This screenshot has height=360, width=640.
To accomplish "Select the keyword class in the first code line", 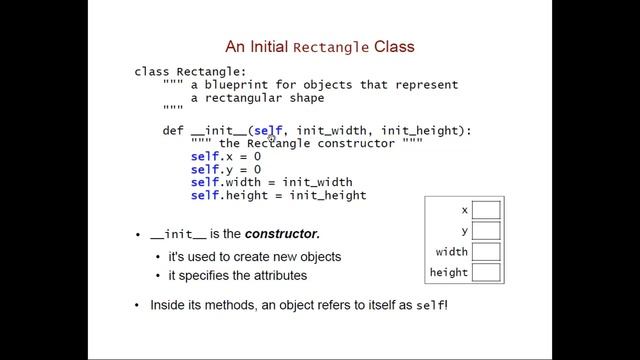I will pos(152,72).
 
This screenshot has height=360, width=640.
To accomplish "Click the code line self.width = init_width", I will pos(271,182).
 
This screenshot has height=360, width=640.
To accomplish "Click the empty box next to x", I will pos(486,210).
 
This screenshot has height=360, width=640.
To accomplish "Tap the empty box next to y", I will pos(486,231).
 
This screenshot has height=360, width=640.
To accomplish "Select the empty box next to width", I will pos(486,252).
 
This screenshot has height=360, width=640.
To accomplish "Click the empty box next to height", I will pos(486,272).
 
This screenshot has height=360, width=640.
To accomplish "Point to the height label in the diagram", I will pos(449,272).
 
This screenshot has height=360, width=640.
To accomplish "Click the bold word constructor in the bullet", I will pos(282,235).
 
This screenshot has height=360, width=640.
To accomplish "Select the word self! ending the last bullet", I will pos(432,303).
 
